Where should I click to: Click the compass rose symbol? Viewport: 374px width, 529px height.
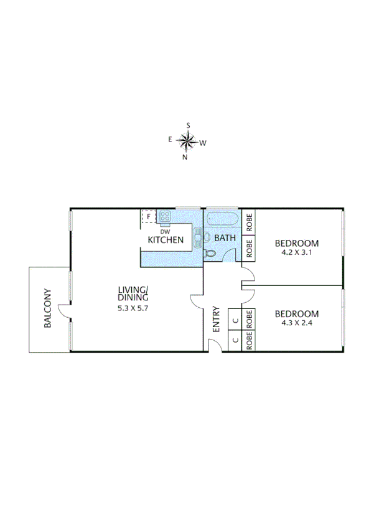(x=187, y=141)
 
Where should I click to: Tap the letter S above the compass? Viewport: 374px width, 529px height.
(x=188, y=126)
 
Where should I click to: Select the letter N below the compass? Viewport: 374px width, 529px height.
(x=185, y=157)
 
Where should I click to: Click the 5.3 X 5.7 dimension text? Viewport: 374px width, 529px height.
(x=134, y=308)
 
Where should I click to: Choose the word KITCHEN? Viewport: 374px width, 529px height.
(x=165, y=240)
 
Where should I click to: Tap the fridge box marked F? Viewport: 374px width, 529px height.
(x=148, y=217)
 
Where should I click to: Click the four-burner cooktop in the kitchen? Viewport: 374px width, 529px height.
(x=165, y=217)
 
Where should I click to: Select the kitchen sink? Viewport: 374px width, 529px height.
(x=198, y=237)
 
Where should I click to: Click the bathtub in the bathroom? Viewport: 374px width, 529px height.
(x=222, y=220)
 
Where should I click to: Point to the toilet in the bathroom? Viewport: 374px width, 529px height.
(x=210, y=254)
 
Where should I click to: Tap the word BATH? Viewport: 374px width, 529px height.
(x=224, y=238)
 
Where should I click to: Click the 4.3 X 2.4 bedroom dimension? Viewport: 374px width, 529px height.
(x=297, y=323)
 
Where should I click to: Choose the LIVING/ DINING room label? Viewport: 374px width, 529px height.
(x=134, y=293)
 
